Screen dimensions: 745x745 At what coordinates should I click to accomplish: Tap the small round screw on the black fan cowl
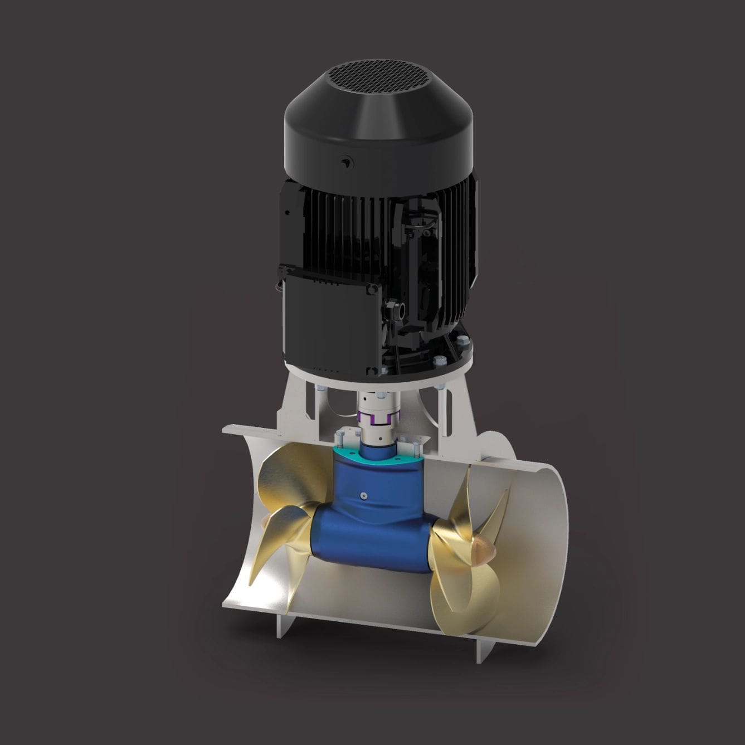(x=345, y=162)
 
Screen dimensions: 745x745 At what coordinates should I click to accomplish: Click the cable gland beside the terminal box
(x=399, y=310)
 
